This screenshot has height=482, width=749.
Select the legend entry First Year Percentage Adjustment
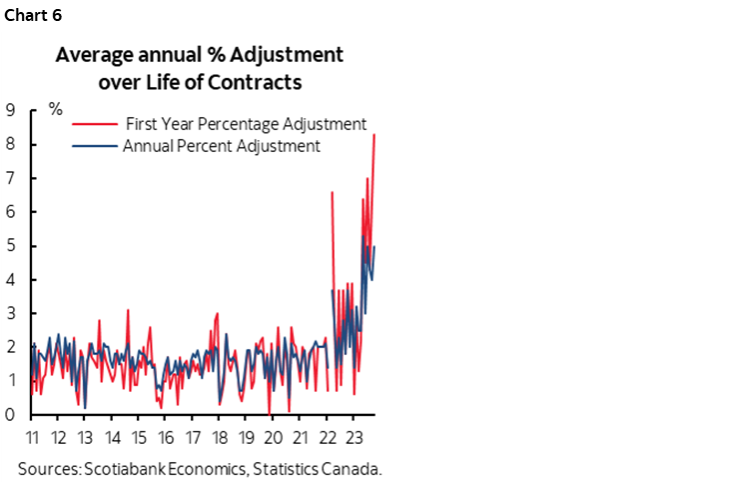click(x=246, y=124)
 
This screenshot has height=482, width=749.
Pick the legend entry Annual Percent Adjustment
click(x=221, y=146)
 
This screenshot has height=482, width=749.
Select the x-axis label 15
click(x=139, y=437)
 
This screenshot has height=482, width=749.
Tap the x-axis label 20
click(x=273, y=437)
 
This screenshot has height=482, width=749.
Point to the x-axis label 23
click(x=353, y=437)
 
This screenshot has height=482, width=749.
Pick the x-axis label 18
click(x=219, y=437)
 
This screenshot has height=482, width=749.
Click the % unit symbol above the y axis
click(x=56, y=109)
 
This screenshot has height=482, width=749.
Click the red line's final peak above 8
click(x=374, y=134)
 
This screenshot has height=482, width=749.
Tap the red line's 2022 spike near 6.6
click(x=332, y=192)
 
